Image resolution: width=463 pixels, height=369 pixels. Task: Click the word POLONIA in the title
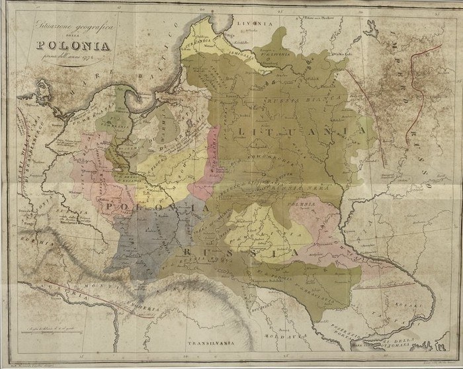(75, 47)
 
